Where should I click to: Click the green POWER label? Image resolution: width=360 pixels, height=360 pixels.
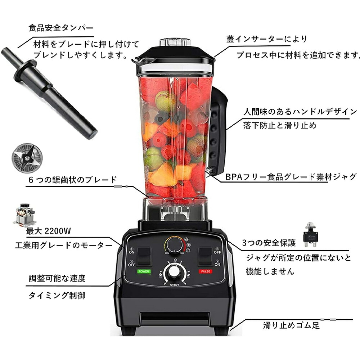pyautogui.click(x=144, y=271)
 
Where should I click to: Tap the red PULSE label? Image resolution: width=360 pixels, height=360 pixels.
pyautogui.click(x=206, y=271)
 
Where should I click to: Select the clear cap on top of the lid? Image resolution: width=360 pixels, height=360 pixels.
pyautogui.click(x=175, y=41)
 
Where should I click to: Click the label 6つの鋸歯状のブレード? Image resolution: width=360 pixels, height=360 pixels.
pyautogui.click(x=72, y=180)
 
